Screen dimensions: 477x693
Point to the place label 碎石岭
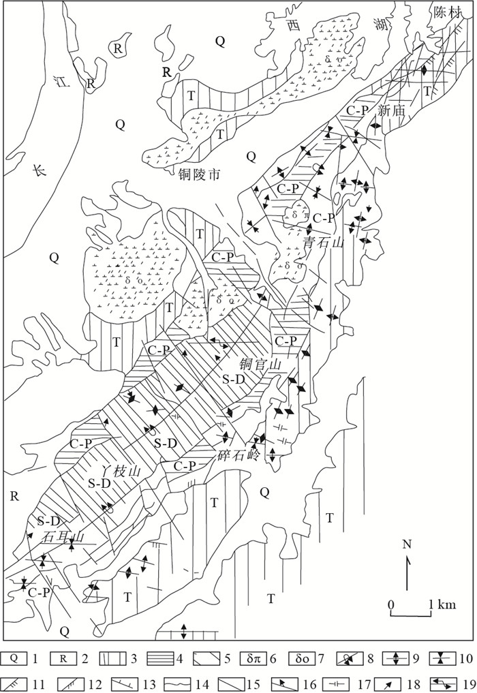click(238, 456)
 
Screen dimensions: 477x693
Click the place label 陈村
click(448, 13)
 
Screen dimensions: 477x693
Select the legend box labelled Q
click(14, 659)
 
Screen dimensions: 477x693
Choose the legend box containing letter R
click(63, 659)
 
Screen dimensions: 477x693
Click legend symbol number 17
click(338, 685)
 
